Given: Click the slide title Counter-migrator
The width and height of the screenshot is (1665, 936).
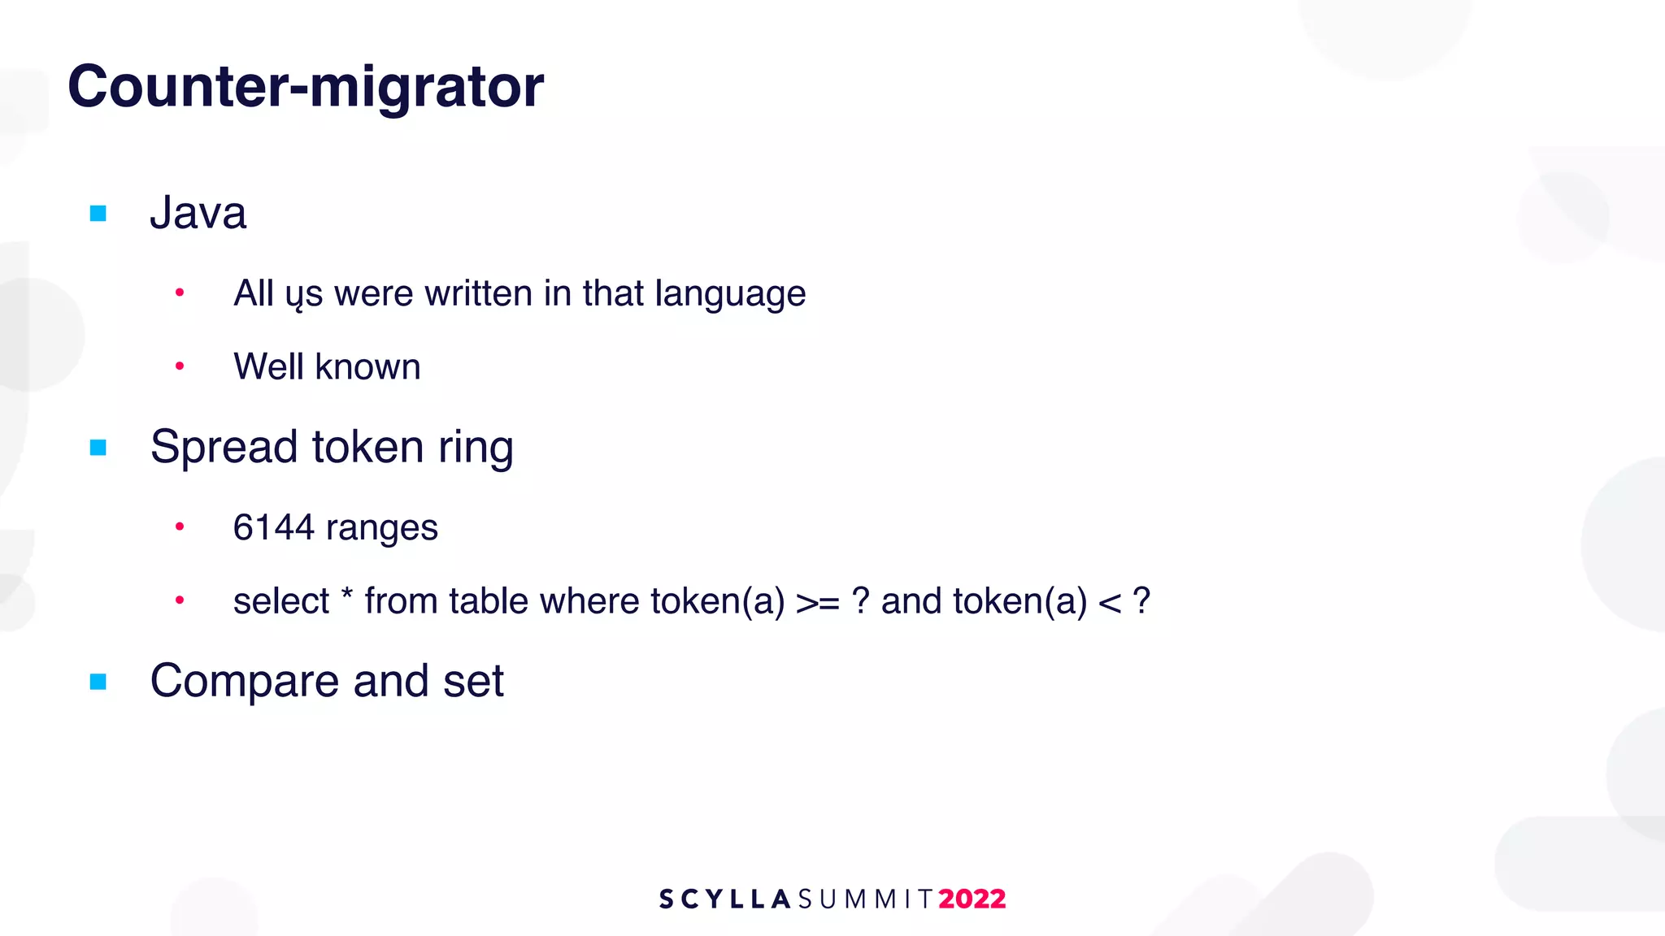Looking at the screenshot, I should coord(306,86).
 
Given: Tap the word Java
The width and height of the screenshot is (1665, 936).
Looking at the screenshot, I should coord(198,213).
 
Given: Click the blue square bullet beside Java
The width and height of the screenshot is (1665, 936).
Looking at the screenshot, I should coord(98,214).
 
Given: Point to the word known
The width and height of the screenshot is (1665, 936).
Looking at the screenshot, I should coord(367,367).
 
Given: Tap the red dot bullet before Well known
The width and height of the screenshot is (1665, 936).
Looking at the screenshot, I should coord(180,366).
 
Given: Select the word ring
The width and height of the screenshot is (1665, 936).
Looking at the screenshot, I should coord(476,448).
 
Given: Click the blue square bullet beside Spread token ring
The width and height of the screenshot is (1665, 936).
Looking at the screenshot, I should coord(98,448).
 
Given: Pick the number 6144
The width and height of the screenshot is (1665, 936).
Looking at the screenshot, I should coord(273,528).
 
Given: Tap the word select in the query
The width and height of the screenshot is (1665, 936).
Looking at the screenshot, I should coord(280,602).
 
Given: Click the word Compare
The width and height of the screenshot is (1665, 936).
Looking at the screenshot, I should coord(245,681).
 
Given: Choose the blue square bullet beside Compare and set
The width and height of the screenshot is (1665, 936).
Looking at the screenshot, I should coord(98,682).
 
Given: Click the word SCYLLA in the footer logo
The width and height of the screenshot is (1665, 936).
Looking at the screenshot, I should coord(724,899).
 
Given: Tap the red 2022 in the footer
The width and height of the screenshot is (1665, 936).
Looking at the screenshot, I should coord(972,899).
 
